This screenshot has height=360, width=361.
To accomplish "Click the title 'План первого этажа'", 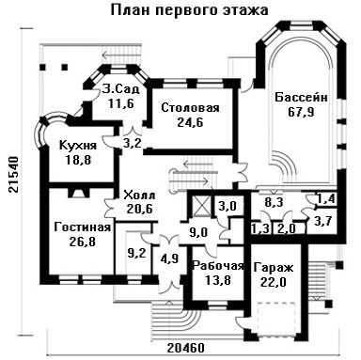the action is pyautogui.click(x=190, y=10).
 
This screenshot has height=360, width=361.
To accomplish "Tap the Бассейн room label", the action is pyautogui.click(x=302, y=98).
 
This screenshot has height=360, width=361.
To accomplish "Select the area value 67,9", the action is pyautogui.click(x=301, y=112).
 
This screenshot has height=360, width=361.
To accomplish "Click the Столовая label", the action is pyautogui.click(x=190, y=108).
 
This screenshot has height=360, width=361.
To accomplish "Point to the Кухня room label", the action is pyautogui.click(x=78, y=146).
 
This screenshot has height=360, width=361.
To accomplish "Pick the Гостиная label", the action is pyautogui.click(x=83, y=227).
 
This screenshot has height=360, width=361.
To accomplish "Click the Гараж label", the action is pyautogui.click(x=274, y=268).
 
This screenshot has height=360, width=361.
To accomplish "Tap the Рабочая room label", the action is pyautogui.click(x=218, y=266).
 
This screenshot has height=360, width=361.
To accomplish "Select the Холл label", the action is pyautogui.click(x=139, y=196).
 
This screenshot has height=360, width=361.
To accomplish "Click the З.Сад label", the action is pyautogui.click(x=120, y=89).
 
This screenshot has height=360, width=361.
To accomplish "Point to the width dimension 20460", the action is pyautogui.click(x=186, y=348).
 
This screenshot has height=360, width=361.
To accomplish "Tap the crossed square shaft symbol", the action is pyautogui.click(x=200, y=205).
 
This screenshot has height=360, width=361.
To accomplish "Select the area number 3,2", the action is pyautogui.click(x=132, y=144).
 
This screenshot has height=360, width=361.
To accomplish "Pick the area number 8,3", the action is pyautogui.click(x=275, y=202).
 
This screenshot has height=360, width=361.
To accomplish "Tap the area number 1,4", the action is pyautogui.click(x=326, y=198).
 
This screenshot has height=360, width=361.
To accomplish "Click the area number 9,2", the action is pyautogui.click(x=134, y=253).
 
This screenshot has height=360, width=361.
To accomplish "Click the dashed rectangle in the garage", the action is pyautogui.click(x=277, y=320).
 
